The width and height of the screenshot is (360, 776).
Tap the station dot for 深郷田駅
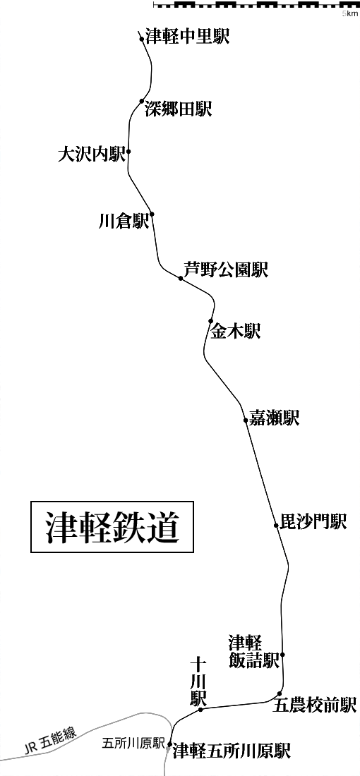click(142, 102)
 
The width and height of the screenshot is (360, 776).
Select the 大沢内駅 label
click(91, 155)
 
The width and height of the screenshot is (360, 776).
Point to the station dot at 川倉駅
click(152, 214)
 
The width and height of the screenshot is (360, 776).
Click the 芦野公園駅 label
click(226, 269)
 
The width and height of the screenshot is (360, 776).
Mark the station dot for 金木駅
click(211, 321)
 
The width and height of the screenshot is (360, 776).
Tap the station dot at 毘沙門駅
click(276, 526)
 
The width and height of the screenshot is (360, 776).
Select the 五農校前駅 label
click(315, 705)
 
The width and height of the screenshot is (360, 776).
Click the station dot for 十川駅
click(200, 710)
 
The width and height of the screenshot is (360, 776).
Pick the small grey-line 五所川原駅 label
click(133, 743)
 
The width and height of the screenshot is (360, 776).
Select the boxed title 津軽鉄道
click(112, 527)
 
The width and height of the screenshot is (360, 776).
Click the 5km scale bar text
click(349, 13)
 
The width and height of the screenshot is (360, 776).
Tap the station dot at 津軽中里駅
click(143, 40)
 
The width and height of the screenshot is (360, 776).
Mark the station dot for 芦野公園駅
click(181, 279)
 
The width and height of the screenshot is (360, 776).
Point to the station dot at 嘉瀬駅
click(246, 420)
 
